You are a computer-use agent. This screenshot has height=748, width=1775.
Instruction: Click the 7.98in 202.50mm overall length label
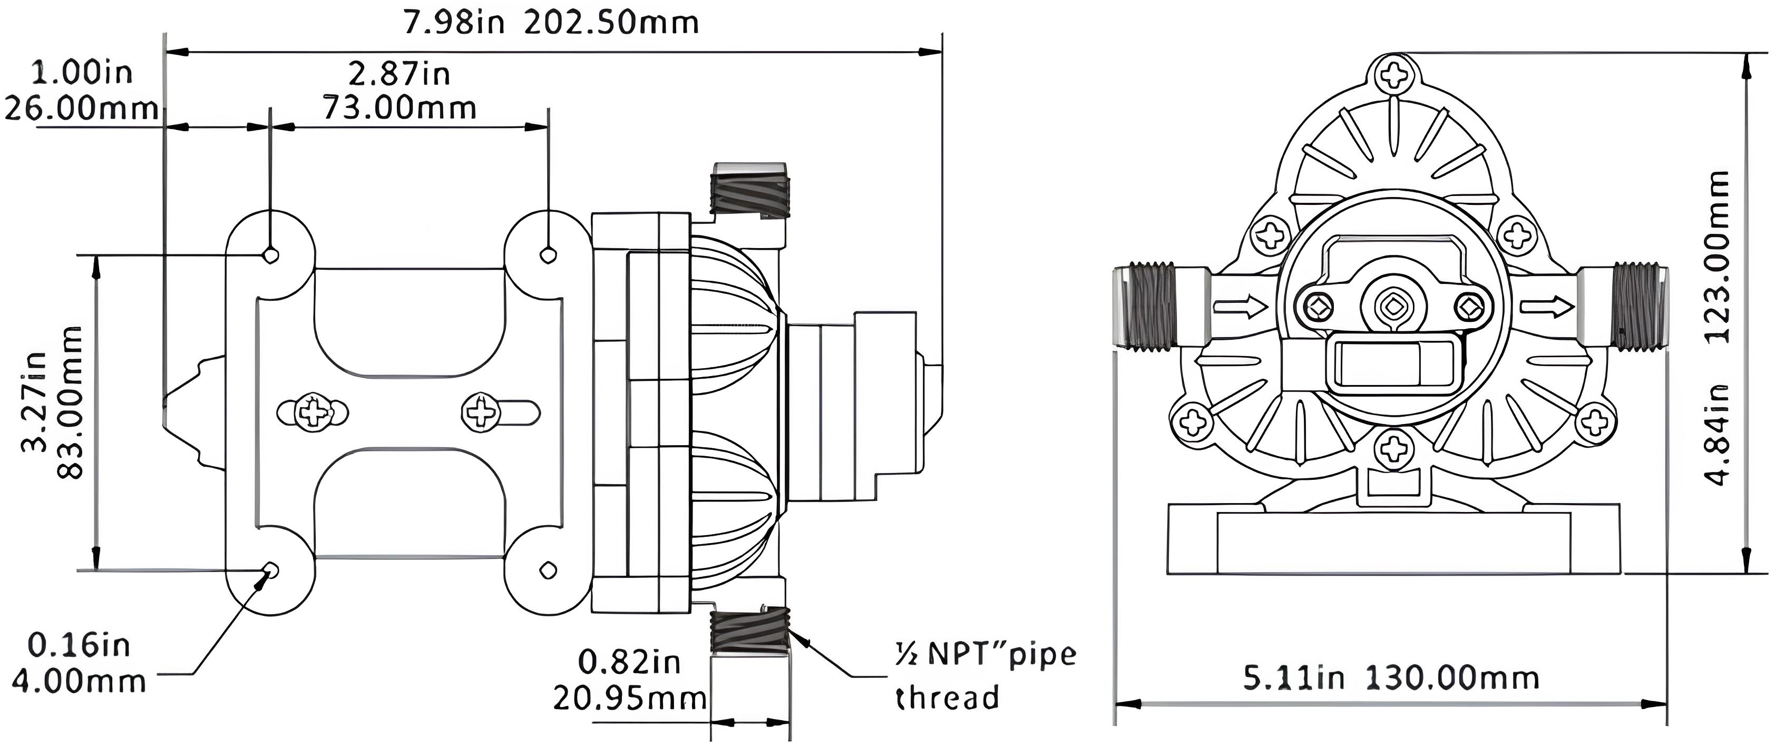[551, 23]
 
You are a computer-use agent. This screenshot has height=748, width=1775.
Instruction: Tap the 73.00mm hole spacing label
[399, 108]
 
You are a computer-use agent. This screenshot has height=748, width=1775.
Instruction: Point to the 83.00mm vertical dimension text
[70, 402]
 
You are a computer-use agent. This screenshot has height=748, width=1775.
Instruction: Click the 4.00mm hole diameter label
[79, 681]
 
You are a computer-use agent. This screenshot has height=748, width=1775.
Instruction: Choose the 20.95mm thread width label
[630, 698]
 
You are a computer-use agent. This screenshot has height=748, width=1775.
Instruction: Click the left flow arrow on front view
[1240, 307]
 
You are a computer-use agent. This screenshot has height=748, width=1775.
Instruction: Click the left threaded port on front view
[1147, 307]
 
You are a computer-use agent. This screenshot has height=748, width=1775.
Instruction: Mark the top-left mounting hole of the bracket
[271, 255]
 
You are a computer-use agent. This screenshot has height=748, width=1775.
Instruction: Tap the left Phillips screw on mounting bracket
[313, 414]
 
